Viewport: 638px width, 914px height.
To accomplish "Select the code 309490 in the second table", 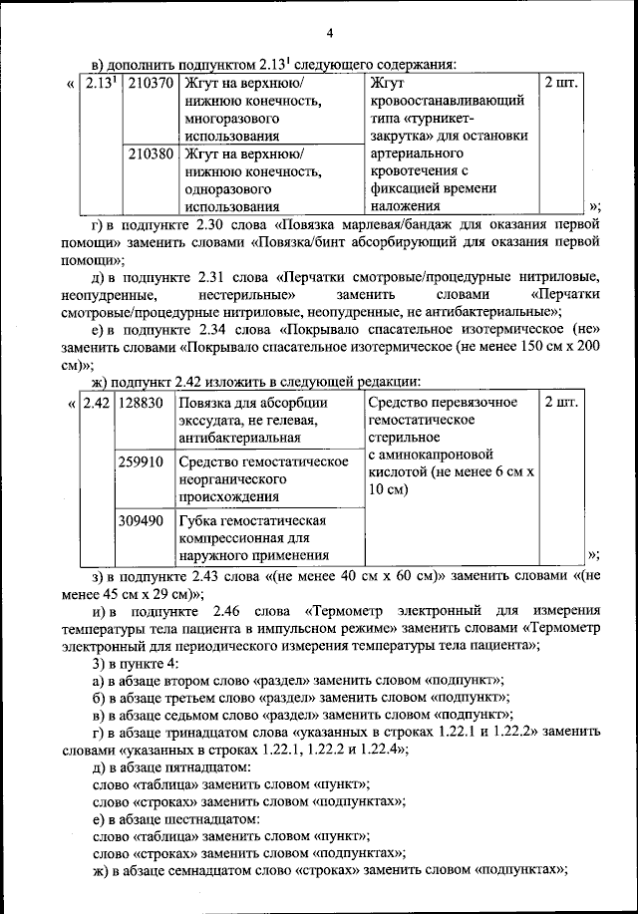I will click(x=140, y=520).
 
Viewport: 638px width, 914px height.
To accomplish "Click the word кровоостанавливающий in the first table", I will click(x=446, y=101).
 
